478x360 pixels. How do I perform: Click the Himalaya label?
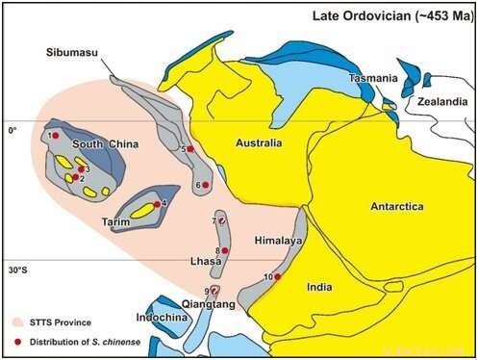point(278,240)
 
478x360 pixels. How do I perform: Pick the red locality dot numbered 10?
point(278,277)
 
